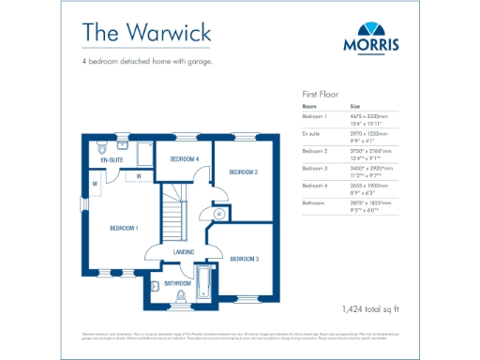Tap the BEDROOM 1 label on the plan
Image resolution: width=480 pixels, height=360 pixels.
coord(124,228)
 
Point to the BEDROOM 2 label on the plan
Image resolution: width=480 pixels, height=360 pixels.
coord(244,172)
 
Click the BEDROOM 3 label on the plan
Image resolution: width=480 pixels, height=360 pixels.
coord(244,258)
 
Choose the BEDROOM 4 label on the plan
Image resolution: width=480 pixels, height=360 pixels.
coord(185,159)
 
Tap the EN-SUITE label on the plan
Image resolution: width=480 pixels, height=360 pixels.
coord(112,160)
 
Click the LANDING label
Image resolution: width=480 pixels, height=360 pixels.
coord(184,252)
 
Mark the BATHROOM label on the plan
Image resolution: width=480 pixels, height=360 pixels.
coord(177,282)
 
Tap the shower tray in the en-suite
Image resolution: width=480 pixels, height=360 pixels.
coord(144,153)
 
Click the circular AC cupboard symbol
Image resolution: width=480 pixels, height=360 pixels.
coord(218,214)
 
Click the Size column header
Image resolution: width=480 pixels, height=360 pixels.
coord(355,106)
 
